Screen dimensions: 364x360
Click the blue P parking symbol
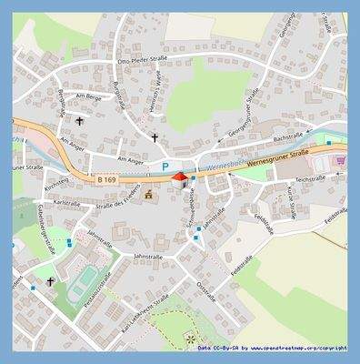165,167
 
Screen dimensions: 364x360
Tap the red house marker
179,177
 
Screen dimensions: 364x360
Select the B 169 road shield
105,180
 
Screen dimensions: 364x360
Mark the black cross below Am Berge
79,119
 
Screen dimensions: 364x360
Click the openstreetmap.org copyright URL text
298,349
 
